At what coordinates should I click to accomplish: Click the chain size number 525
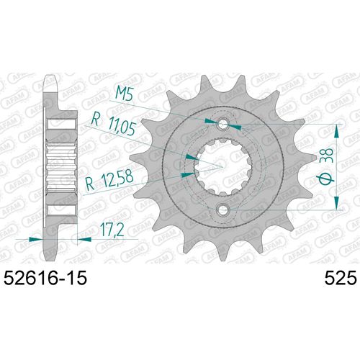[x=330, y=276]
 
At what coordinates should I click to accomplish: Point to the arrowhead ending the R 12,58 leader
[x=195, y=173]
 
